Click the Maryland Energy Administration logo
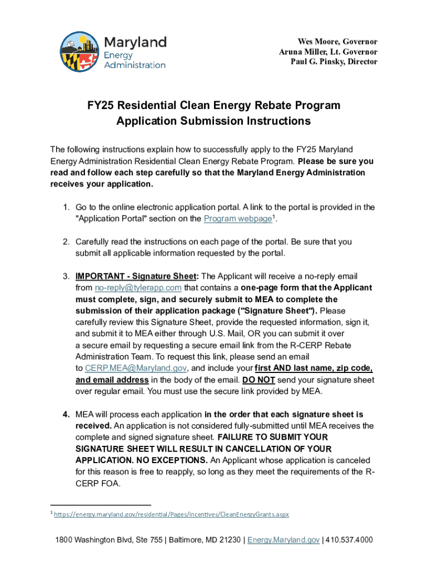[x=113, y=51]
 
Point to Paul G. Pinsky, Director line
[x=334, y=62]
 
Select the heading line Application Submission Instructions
[x=213, y=121]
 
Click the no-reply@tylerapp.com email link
[x=138, y=288]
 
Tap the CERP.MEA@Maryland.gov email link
[x=136, y=368]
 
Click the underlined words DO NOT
[x=258, y=380]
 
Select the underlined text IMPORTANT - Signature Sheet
[x=136, y=277]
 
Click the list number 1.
[x=66, y=207]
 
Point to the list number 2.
[x=66, y=242]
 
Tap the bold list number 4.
[x=66, y=415]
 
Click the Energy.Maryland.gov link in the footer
[x=283, y=540]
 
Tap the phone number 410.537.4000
[x=349, y=540]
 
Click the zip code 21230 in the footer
[x=226, y=540]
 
